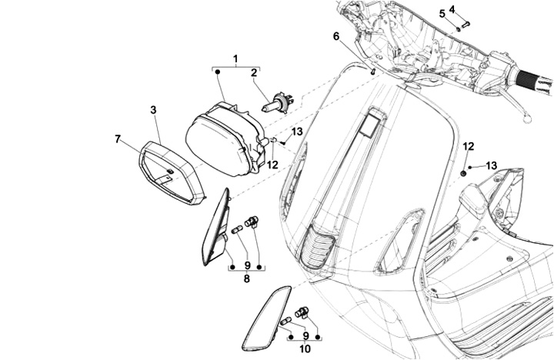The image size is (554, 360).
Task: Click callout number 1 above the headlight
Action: tap(235, 58)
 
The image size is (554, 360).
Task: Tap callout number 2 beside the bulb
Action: tap(254, 73)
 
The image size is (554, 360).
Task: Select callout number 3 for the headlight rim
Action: tap(153, 110)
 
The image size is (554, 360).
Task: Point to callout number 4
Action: tap(452, 9)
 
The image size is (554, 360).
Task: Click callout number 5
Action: tap(442, 14)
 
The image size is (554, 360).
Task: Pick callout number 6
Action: tap(335, 36)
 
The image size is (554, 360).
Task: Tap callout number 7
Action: tap(118, 139)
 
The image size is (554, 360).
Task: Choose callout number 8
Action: tap(247, 278)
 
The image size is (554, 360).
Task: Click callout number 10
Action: tap(305, 349)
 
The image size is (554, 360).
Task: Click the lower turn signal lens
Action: tap(265, 318)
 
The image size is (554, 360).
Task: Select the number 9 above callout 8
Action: tap(247, 265)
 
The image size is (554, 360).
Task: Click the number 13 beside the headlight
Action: tap(297, 132)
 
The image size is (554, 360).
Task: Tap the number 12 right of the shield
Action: tap(469, 146)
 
